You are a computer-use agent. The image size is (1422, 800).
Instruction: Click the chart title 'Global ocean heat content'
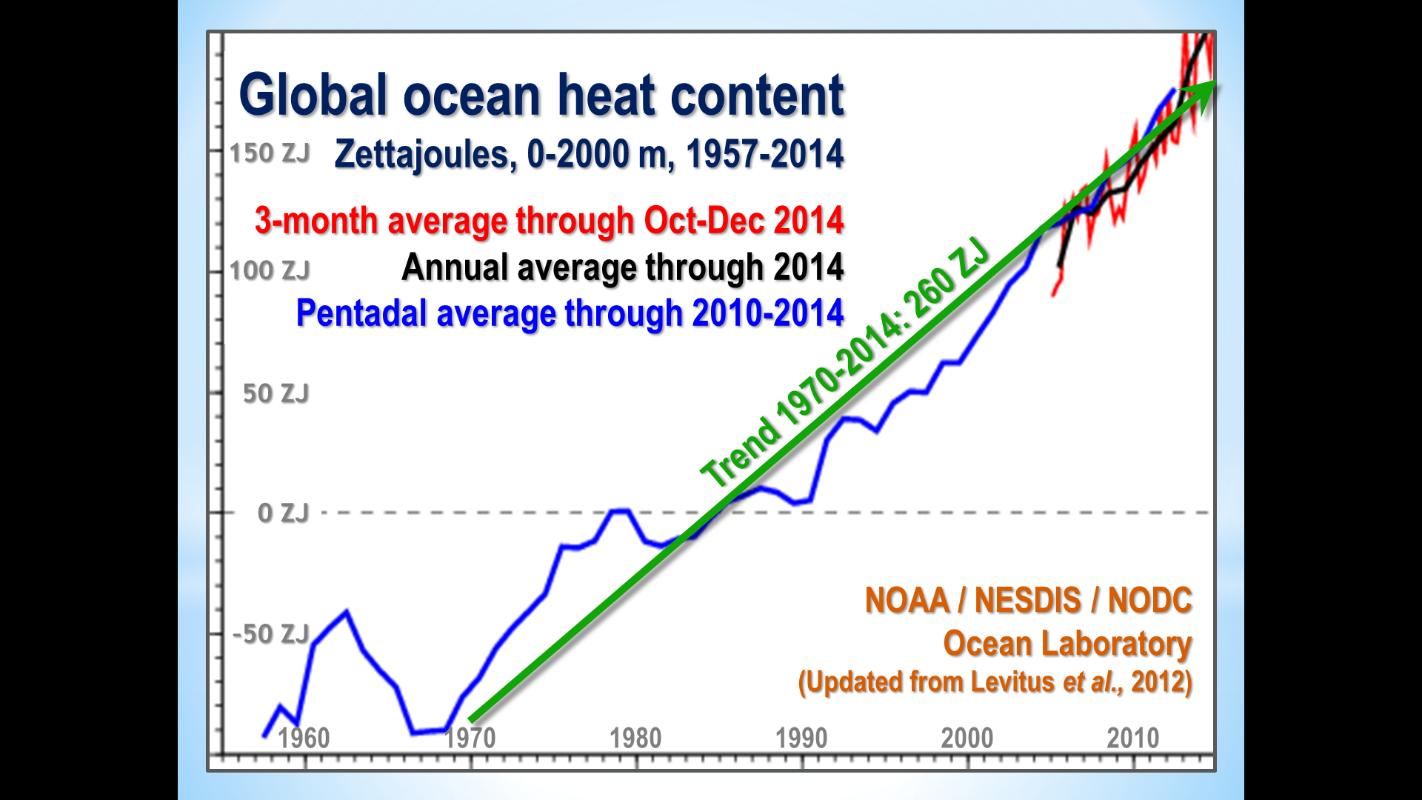tap(541, 96)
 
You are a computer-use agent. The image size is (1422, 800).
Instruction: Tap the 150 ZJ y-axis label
tap(270, 153)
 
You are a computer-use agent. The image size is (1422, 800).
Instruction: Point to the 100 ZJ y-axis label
tap(270, 270)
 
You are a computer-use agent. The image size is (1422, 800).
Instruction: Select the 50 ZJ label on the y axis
tap(276, 393)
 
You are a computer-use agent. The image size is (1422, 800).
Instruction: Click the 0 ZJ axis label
tap(283, 513)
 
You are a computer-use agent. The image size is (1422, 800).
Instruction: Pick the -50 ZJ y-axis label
tap(271, 634)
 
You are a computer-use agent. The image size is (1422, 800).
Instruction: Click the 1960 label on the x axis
tap(304, 738)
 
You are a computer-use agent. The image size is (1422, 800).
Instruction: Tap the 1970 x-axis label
tap(470, 738)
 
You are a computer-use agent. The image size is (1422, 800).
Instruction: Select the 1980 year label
tap(635, 738)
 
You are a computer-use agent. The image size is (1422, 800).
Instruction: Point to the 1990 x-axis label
tap(801, 738)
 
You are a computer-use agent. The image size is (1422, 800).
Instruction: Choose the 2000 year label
tap(967, 738)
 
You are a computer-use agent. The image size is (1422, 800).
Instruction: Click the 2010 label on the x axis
tap(1133, 738)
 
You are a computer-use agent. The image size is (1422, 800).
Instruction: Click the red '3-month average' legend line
tap(549, 221)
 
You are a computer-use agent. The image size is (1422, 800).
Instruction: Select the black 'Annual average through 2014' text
tap(622, 267)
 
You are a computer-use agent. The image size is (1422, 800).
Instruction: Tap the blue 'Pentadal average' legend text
tap(570, 313)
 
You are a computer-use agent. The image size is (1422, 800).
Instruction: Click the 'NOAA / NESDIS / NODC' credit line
tap(1029, 600)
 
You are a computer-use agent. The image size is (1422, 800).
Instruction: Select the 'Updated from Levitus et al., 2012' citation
tap(995, 681)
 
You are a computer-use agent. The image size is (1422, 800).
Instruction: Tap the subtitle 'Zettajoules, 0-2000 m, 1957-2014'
tap(589, 154)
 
